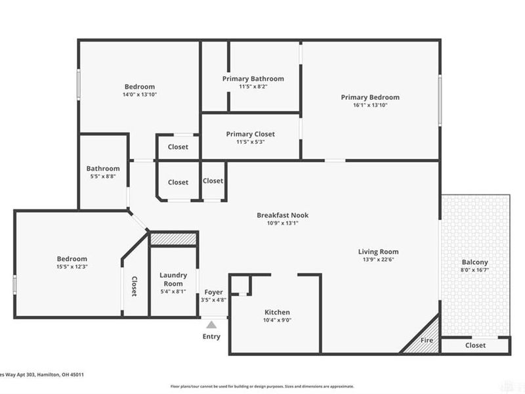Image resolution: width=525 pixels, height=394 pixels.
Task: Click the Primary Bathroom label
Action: (x=253, y=78)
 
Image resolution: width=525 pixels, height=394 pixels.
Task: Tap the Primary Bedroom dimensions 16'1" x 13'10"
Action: (x=369, y=105)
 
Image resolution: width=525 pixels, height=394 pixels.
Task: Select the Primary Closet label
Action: (x=250, y=134)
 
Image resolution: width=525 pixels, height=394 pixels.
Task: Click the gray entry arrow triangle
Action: (x=211, y=324)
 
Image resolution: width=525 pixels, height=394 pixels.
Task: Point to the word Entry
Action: (x=211, y=337)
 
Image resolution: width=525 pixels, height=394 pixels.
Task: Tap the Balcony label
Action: (x=474, y=263)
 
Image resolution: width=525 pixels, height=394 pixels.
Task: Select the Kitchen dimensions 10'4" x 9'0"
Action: (x=277, y=320)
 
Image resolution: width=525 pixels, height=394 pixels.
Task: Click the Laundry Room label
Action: (x=173, y=279)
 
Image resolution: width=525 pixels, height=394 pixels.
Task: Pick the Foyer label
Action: (x=213, y=292)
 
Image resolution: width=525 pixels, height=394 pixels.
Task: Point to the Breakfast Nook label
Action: (x=282, y=215)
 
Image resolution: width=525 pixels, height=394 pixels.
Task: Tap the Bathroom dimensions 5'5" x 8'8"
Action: (x=103, y=176)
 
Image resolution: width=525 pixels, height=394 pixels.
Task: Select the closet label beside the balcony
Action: (x=475, y=345)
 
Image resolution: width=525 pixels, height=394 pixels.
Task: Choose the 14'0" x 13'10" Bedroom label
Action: (x=140, y=87)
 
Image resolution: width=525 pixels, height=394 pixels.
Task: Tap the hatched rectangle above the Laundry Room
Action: (x=173, y=238)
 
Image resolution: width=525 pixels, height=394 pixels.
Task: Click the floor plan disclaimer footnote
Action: (x=262, y=387)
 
